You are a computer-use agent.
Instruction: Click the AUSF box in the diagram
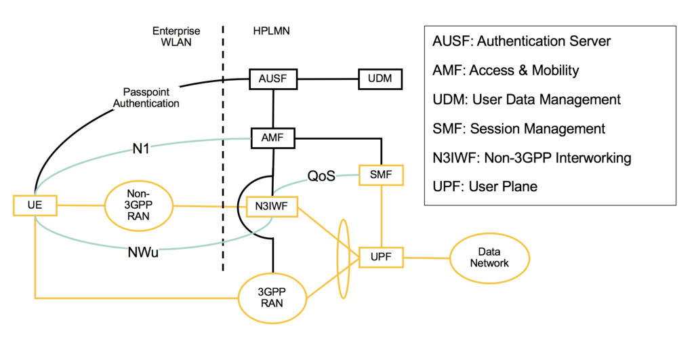coord(272,79)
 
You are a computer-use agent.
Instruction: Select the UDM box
coord(380,79)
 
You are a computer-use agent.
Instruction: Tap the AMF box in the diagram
coord(272,138)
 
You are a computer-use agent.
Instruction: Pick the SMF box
coord(381,176)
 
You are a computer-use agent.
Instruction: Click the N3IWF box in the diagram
coord(272,205)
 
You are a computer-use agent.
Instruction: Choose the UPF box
coord(381,258)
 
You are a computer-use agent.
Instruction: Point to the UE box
coord(35,205)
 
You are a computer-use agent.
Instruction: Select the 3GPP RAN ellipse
coord(272,298)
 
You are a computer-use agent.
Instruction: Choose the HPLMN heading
coord(268,31)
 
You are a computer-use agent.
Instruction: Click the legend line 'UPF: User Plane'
coord(485,186)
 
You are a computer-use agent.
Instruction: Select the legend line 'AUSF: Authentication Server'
coord(522,41)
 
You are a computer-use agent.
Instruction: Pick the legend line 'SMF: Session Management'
coord(518,128)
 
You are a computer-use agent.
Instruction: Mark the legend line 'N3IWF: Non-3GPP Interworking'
coord(532,157)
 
